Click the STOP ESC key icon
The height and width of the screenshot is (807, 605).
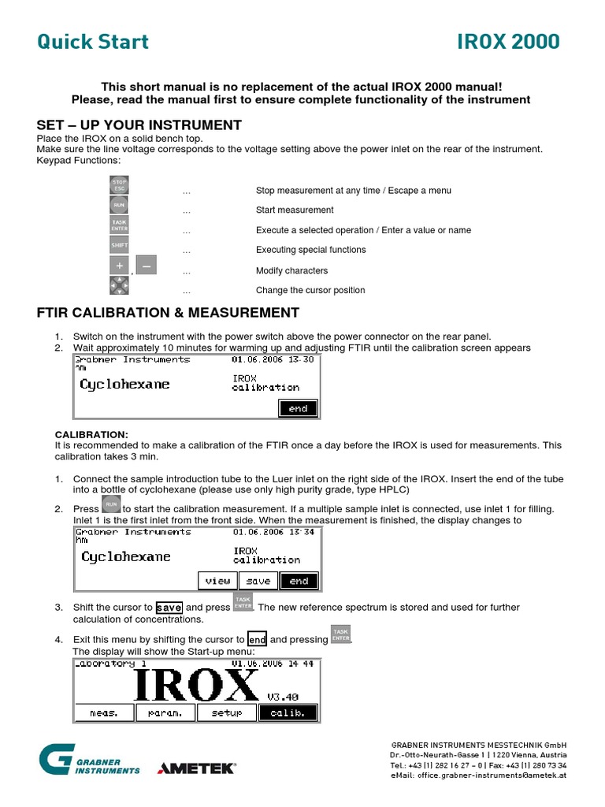[119, 186]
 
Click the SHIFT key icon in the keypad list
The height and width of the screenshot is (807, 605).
[119, 245]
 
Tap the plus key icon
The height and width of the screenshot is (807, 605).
[119, 266]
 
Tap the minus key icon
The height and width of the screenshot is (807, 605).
[146, 266]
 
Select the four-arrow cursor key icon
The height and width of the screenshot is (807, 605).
[119, 285]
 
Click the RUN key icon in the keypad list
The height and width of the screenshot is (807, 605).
[119, 206]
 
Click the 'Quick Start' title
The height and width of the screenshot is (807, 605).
[93, 42]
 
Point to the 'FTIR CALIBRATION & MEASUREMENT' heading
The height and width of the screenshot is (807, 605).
[168, 313]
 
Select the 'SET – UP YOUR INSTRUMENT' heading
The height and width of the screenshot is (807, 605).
[139, 125]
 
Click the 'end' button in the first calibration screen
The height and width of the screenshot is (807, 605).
[299, 408]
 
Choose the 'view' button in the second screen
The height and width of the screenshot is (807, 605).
[217, 581]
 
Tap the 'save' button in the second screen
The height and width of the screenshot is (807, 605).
[258, 581]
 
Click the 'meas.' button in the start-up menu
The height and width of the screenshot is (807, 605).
[104, 712]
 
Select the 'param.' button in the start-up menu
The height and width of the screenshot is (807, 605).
[165, 712]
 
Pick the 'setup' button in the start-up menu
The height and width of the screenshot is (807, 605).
[226, 712]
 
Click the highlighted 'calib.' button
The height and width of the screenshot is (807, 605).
[288, 712]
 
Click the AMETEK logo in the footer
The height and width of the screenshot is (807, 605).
[196, 768]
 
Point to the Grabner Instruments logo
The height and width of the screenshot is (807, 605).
[89, 761]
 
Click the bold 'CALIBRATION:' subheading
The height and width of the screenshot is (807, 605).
[91, 434]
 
